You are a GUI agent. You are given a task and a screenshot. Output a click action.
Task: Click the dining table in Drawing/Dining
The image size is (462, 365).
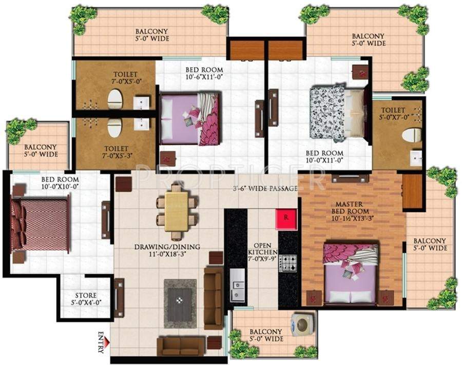pyautogui.click(x=176, y=211)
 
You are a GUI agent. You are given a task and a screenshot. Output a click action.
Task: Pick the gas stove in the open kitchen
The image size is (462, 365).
pyautogui.click(x=287, y=262)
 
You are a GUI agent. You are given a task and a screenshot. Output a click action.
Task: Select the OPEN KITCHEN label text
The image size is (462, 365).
pyautogui.click(x=262, y=249)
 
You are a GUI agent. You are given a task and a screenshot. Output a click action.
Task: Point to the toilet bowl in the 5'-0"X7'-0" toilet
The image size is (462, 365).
pyautogui.click(x=411, y=135)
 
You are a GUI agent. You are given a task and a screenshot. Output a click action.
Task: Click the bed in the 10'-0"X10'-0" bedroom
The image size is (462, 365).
pyautogui.click(x=41, y=225)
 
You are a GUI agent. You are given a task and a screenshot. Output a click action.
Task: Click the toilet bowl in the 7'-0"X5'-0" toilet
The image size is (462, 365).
pyautogui.click(x=115, y=100)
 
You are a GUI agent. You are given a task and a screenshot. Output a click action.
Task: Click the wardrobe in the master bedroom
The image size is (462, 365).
pyautogui.click(x=413, y=191)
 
